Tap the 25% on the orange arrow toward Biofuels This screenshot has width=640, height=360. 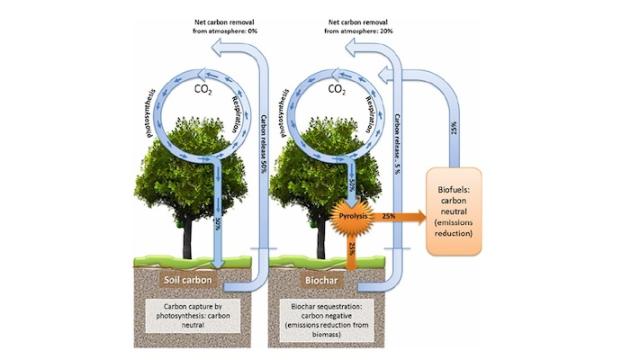(390, 214)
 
